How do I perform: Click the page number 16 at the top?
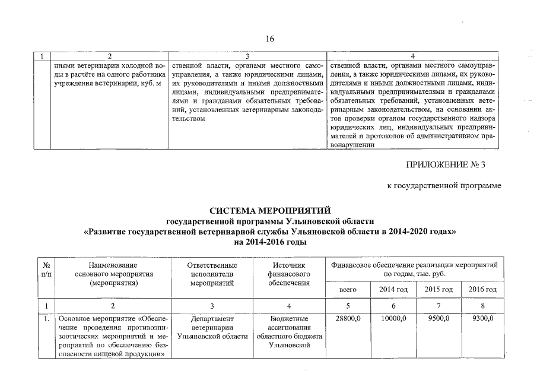270,39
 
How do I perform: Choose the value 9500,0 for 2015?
439,319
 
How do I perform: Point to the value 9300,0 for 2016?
482,319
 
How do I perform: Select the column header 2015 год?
439,289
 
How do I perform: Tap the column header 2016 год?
482,289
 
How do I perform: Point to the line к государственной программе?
443,186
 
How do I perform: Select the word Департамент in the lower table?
212,319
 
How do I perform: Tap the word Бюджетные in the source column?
289,319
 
